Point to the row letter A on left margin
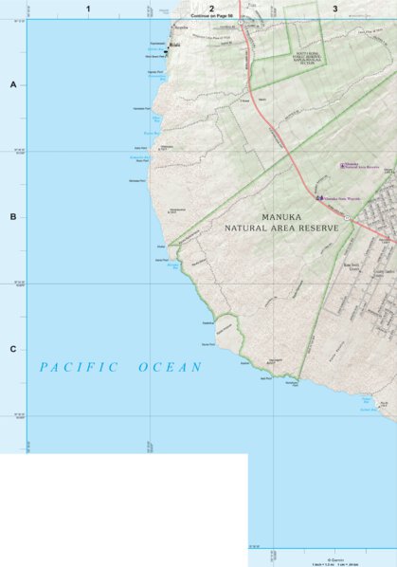click(13, 84)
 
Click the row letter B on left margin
click(13, 217)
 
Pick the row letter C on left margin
click(13, 349)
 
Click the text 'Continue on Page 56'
click(212, 16)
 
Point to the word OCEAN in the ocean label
click(171, 367)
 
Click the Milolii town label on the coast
click(175, 45)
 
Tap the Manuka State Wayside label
click(342, 198)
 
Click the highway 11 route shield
click(347, 218)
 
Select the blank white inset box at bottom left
click(123, 509)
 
